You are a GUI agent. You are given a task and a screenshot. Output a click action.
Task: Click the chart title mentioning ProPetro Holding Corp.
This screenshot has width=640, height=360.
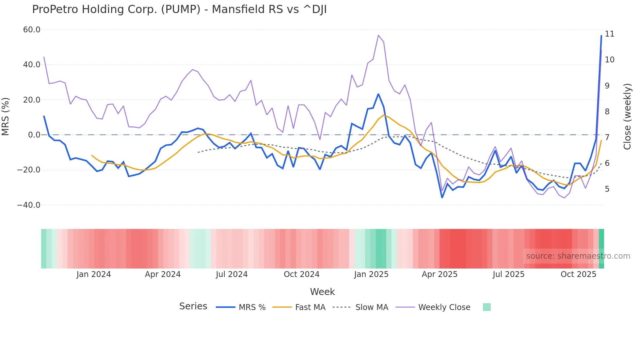179,9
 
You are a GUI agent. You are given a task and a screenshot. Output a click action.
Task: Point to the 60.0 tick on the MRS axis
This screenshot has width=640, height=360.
32,30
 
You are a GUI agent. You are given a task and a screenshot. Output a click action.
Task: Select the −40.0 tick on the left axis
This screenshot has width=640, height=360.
29,205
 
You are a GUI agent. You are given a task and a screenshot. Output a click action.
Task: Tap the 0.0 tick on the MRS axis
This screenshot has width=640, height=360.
34,135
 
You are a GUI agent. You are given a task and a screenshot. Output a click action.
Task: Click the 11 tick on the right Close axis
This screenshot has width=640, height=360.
609,34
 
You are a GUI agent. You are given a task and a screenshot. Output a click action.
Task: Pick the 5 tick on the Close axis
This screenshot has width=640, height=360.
607,189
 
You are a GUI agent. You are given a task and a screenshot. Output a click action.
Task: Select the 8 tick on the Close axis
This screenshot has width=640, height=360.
607,112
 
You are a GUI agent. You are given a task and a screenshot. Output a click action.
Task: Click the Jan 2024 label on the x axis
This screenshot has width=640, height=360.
94,274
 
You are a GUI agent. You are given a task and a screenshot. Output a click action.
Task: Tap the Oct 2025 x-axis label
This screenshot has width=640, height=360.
578,274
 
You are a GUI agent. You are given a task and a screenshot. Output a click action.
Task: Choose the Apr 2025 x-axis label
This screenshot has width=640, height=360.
440,274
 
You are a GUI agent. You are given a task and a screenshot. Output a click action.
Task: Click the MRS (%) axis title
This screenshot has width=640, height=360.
6,117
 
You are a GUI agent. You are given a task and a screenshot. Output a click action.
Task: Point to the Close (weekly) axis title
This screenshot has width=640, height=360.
627,117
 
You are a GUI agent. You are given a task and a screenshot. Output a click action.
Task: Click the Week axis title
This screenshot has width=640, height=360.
322,292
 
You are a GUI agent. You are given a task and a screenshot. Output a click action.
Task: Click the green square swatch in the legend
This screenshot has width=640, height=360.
487,307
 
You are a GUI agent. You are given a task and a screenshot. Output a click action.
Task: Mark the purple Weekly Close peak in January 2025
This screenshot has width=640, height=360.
378,35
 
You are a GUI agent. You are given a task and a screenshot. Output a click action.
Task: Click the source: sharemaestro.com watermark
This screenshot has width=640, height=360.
578,256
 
